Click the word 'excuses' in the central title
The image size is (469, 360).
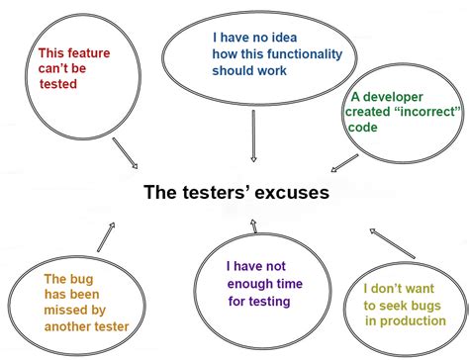click(289, 192)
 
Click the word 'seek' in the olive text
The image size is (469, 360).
click(399, 306)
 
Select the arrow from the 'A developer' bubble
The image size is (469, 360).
click(344, 162)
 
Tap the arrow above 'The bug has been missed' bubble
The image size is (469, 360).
click(105, 236)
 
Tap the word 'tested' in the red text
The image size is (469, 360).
click(58, 84)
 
